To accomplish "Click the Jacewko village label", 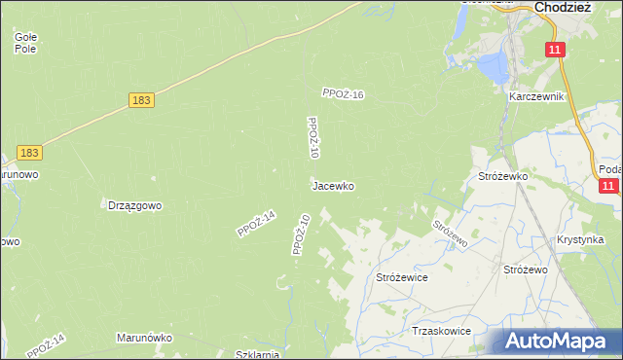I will point(332,185).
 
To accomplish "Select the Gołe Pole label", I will point(25,42).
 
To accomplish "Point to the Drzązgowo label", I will point(134,205).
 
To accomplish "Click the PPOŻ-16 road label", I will point(343,94).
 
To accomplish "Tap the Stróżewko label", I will point(502,176).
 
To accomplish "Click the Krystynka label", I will point(581,239).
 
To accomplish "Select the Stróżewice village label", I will point(402,277).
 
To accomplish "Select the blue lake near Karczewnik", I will point(491,66).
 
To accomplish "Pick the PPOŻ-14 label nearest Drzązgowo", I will point(256,224).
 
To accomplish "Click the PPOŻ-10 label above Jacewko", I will point(312,138).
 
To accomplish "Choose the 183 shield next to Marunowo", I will point(30,153).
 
